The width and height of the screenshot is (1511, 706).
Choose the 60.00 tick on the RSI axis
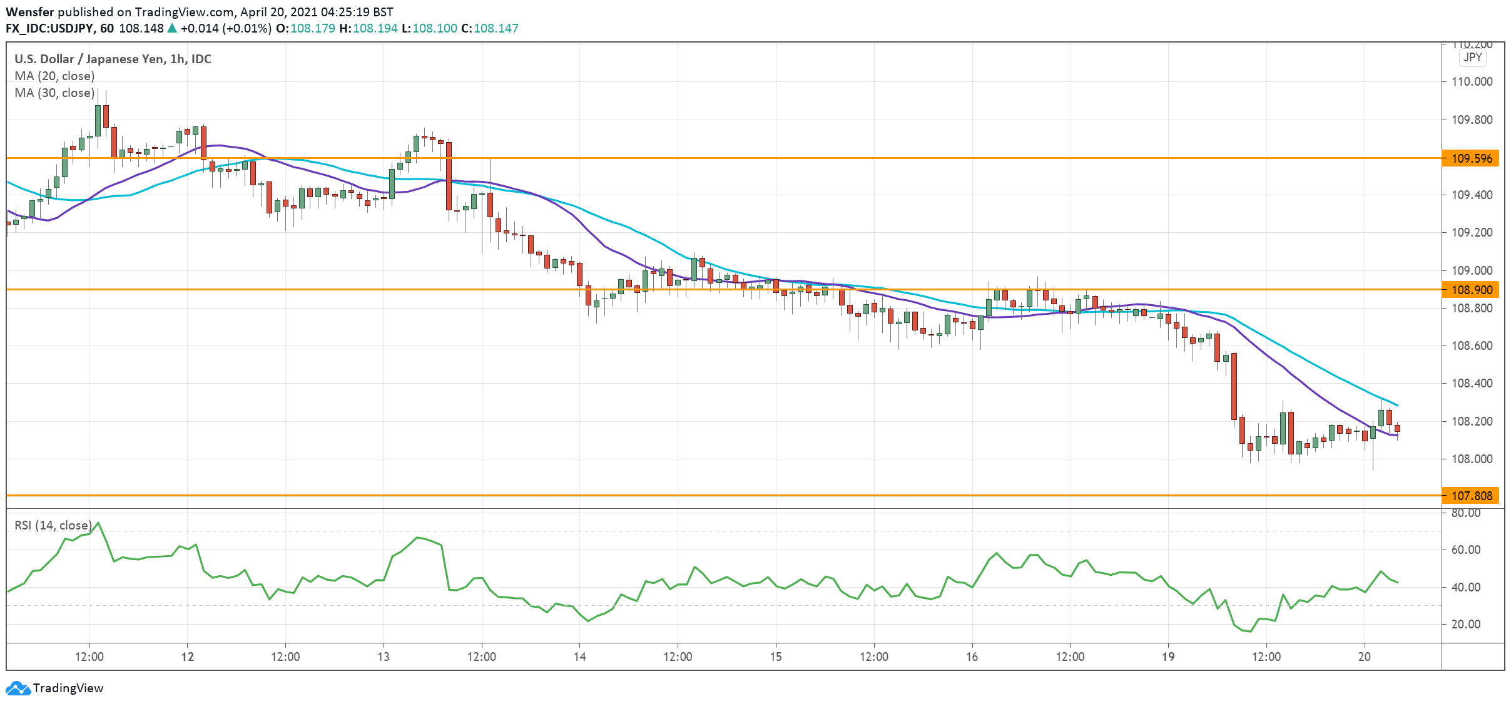[x=1465, y=550]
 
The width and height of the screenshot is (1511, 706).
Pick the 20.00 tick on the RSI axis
[x=1465, y=624]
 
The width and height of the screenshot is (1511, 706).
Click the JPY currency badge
[x=1472, y=58]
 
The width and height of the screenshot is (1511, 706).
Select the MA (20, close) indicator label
[x=54, y=76]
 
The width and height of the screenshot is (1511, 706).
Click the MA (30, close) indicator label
[x=54, y=93]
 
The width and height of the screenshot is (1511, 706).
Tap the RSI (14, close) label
[x=53, y=525]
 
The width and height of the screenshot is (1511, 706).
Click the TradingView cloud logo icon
[x=18, y=688]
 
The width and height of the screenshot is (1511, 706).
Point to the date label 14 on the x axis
[x=579, y=657]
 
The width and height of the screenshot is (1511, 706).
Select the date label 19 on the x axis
[x=1168, y=657]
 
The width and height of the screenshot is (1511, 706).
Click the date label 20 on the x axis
[x=1364, y=657]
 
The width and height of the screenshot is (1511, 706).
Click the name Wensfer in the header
[x=29, y=12]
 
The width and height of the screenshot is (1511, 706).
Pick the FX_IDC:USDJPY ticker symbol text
[x=49, y=28]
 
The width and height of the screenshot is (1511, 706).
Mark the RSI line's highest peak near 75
[x=98, y=523]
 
